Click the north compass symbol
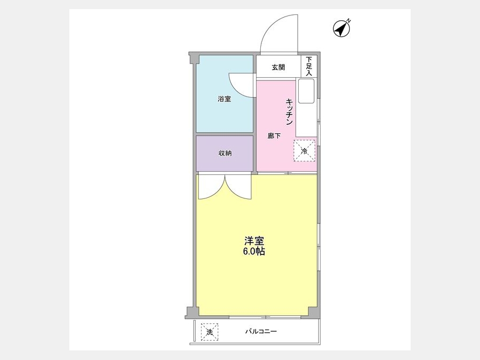tap(341, 29)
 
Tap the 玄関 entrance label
tap(278, 67)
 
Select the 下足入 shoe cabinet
tap(309, 67)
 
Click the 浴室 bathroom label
tap(225, 99)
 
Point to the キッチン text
tap(289, 111)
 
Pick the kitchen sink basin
tap(306, 91)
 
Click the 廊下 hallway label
tap(274, 135)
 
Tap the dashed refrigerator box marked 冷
tap(305, 150)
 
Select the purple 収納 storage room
tap(225, 154)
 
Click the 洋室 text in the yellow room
tap(254, 241)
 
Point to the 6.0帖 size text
tap(254, 251)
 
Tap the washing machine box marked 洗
tap(210, 332)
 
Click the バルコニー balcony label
tap(261, 331)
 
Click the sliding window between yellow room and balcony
tap(265, 316)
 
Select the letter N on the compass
tap(349, 21)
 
